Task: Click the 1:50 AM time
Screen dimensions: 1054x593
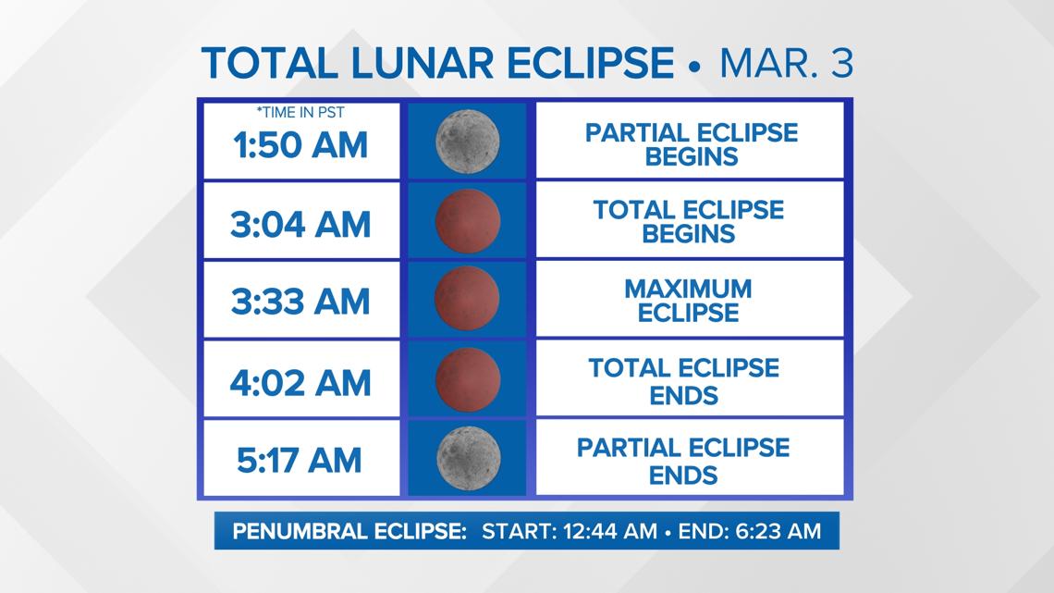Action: [x=300, y=145]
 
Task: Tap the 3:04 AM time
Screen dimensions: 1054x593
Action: [x=300, y=225]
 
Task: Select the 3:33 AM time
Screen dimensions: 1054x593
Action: [x=300, y=302]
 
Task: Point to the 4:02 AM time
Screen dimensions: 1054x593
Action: [x=300, y=383]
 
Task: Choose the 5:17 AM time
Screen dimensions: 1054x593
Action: [x=300, y=461]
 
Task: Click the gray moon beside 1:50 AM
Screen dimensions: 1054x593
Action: [x=467, y=142]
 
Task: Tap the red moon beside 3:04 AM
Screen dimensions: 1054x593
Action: [x=468, y=220]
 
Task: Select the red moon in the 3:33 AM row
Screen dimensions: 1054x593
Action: [x=467, y=299]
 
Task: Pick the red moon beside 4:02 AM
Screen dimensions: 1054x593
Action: [x=468, y=379]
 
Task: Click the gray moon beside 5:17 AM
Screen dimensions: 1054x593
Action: [x=469, y=458]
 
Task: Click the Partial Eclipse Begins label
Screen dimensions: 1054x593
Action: [x=692, y=144]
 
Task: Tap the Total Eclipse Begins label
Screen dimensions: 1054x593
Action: [x=688, y=222]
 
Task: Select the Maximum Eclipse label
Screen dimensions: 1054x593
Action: [x=688, y=301]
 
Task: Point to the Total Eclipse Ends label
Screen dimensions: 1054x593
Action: [x=684, y=381]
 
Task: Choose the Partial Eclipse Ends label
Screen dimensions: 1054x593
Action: [x=683, y=462]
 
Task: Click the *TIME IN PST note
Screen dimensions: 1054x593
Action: [x=300, y=113]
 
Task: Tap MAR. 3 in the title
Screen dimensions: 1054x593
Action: [x=787, y=63]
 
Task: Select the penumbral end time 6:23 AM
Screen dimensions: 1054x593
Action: [x=778, y=531]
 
